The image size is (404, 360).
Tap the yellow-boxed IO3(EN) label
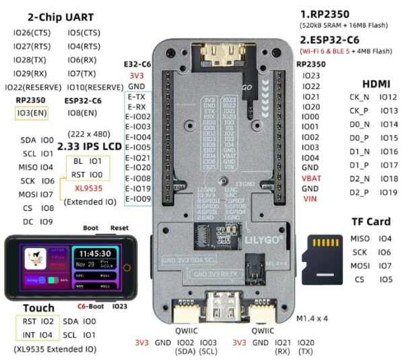tap(30, 113)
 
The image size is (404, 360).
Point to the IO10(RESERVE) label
tap(95, 87)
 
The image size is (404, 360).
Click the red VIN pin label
tap(310, 199)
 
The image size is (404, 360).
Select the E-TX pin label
tap(138, 96)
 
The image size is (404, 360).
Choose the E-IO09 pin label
tap(138, 199)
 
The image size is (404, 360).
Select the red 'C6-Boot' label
tap(90, 306)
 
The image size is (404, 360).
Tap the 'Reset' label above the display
tap(119, 228)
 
